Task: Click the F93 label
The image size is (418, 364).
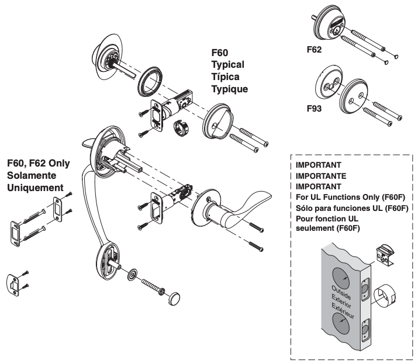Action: (x=316, y=109)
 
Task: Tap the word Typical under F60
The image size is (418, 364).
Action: (x=227, y=64)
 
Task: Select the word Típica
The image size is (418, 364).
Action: (x=226, y=77)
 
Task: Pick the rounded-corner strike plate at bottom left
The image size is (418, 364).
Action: (x=16, y=283)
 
